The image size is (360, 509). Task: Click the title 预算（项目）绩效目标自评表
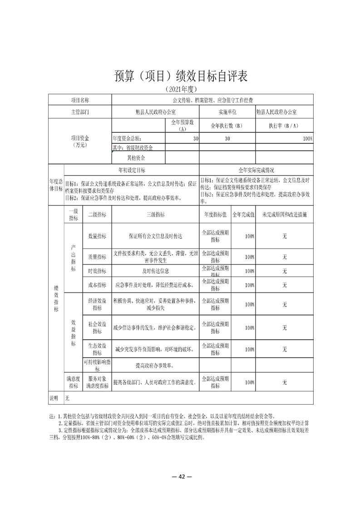(x=180, y=76)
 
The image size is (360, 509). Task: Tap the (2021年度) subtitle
(x=180, y=89)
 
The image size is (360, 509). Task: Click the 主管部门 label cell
(x=79, y=111)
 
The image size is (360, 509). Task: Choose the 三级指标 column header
(x=155, y=215)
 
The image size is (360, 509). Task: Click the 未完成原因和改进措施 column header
(x=284, y=215)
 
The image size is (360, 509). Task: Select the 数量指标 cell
(x=97, y=236)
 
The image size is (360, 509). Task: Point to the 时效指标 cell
(x=97, y=271)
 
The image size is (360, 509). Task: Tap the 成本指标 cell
(x=97, y=285)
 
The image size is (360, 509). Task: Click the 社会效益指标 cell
(x=97, y=328)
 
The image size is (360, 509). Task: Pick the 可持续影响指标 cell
(x=97, y=365)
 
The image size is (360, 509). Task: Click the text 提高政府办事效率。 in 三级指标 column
(x=155, y=365)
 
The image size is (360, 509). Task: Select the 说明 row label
(x=54, y=398)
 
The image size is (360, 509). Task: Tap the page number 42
(x=180, y=477)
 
